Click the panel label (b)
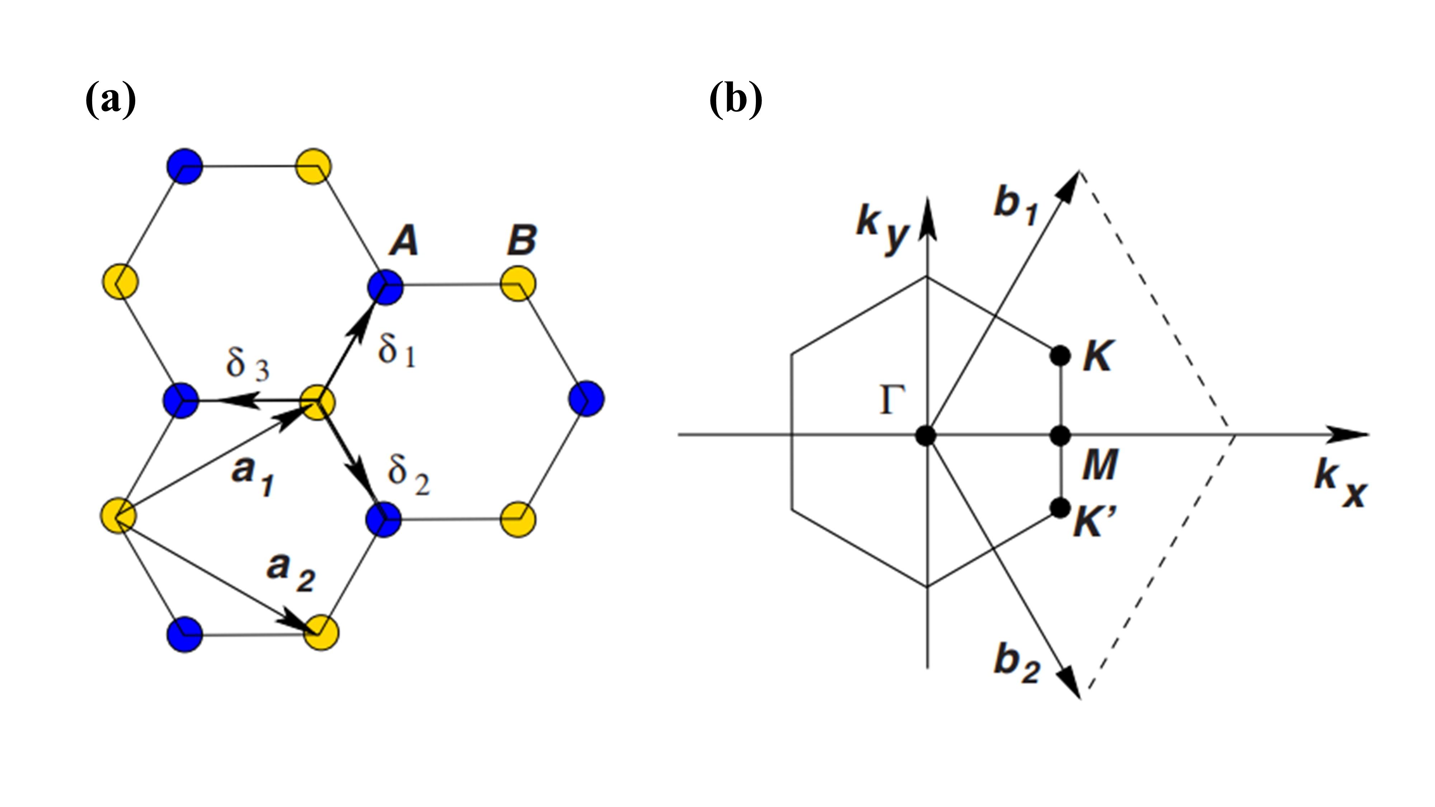coord(736,99)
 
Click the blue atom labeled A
coord(385,287)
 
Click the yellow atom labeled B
coord(518,284)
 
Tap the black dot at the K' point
coord(1059,508)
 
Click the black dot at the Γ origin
coord(926,435)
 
